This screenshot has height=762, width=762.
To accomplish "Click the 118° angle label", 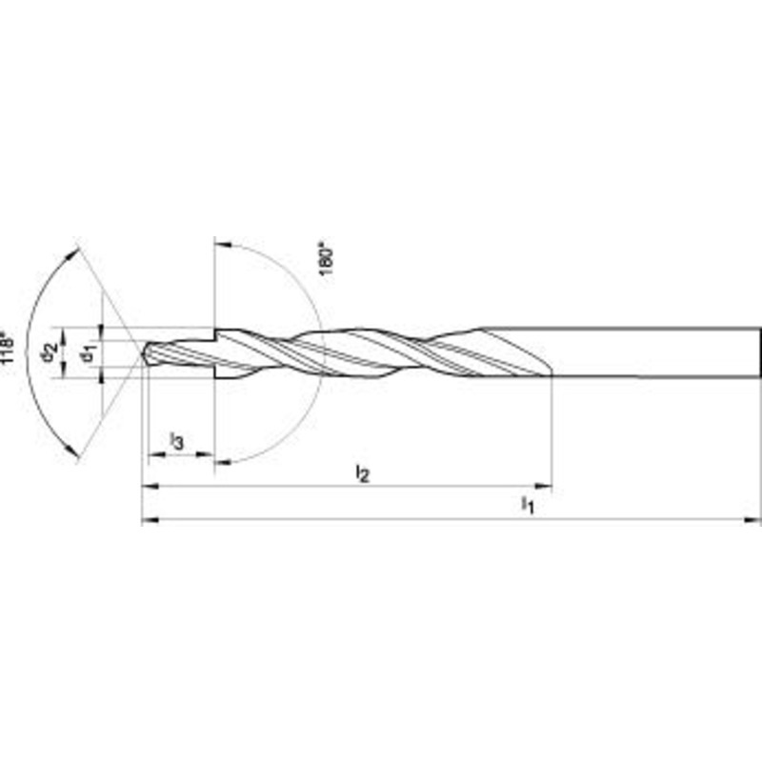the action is pos(8,347).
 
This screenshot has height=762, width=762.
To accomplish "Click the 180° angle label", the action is pos(327,261).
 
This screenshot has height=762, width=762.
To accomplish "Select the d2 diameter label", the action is pos(50,351).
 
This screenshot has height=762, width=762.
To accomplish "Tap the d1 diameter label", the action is pos(89,352).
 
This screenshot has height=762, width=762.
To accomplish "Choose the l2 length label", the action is pos(363,472).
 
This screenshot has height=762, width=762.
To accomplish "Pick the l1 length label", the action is pos(528,505).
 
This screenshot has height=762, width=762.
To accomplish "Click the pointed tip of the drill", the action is pos(143,353).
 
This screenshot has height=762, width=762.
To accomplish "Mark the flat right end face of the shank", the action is pos(758,352).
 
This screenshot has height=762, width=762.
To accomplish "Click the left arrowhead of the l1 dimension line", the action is pos(150,520).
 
